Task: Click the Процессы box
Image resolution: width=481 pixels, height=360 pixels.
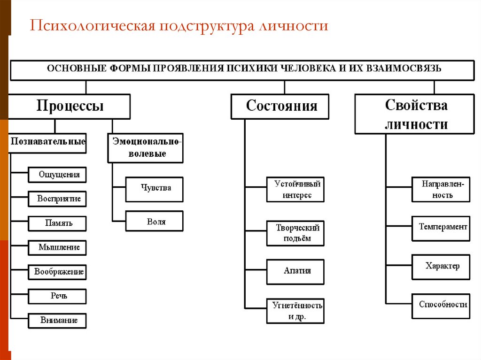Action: tap(70, 106)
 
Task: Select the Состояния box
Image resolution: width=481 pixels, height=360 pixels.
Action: tap(280, 106)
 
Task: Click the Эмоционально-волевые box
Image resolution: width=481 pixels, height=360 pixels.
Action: tap(146, 147)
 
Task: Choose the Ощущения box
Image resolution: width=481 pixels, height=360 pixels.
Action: tap(58, 175)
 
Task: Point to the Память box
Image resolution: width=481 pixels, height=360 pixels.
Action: tap(58, 223)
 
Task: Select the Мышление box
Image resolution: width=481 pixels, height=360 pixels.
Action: tap(58, 247)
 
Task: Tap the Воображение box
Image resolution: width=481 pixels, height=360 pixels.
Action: tap(58, 272)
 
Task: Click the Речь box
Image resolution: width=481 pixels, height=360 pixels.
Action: tap(58, 296)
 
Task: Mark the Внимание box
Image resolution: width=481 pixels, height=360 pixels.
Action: tap(58, 321)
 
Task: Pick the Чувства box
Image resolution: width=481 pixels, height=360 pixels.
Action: tap(155, 189)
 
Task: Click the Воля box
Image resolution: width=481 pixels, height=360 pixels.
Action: tap(155, 221)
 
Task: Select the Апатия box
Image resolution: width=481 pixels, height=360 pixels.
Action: tap(295, 271)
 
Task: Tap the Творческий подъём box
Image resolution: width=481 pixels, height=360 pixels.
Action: tap(295, 233)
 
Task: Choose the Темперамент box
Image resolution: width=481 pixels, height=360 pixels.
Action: tap(441, 228)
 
